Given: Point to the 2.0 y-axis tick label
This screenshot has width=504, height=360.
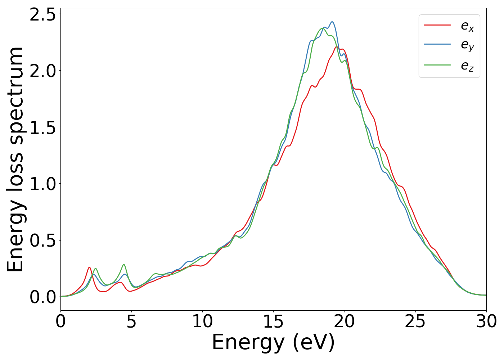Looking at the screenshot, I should pyautogui.click(x=43, y=71).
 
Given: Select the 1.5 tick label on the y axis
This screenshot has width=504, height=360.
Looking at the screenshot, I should pyautogui.click(x=43, y=127).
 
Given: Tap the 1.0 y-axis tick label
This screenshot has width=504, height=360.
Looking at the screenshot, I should pyautogui.click(x=43, y=184).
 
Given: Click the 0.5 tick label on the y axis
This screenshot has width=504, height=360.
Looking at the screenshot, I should pyautogui.click(x=43, y=240).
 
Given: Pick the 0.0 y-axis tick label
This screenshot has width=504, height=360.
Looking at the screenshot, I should pyautogui.click(x=43, y=297).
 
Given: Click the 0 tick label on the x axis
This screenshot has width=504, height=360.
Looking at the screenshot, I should pyautogui.click(x=60, y=321).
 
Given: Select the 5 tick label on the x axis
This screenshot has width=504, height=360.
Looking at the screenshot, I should pyautogui.click(x=131, y=321).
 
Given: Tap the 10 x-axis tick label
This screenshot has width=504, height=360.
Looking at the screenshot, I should pyautogui.click(x=202, y=321).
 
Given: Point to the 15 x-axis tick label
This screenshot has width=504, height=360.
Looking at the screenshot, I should pyautogui.click(x=273, y=321).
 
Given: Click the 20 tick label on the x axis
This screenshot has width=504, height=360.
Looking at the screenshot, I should pyautogui.click(x=345, y=321).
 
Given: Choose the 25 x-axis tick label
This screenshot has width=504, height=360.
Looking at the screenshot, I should pyautogui.click(x=415, y=321).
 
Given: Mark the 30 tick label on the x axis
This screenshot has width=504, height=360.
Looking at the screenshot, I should pyautogui.click(x=486, y=321).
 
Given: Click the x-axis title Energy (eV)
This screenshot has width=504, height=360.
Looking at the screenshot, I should pyautogui.click(x=273, y=342).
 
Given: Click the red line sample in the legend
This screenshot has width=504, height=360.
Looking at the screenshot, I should pyautogui.click(x=437, y=25).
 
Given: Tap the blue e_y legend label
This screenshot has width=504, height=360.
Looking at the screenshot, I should pyautogui.click(x=467, y=45).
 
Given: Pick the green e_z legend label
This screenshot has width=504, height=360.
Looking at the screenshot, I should pyautogui.click(x=467, y=66).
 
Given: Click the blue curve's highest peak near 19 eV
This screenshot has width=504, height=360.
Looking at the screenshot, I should pyautogui.click(x=332, y=22).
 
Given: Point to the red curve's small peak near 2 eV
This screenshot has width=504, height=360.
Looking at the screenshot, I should pyautogui.click(x=89, y=267).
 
